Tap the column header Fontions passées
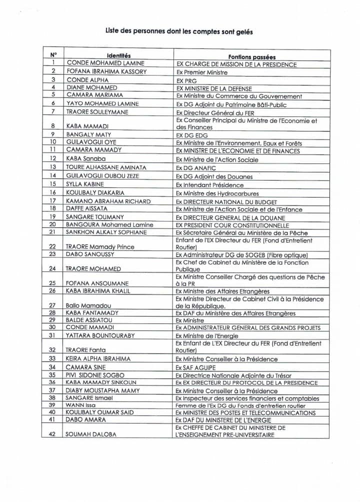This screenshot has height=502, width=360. coord(251,57)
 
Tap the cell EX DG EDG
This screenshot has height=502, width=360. coord(192,135)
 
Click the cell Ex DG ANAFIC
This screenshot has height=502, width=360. coord(195,168)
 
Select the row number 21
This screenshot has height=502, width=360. coord(52,232)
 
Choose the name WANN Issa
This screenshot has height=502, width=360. coord(80,405)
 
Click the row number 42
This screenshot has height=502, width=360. coord(52,434)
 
